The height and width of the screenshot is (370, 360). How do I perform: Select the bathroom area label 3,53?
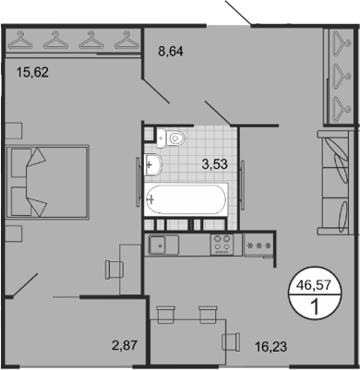[x=216, y=164]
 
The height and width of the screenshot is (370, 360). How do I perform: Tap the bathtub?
[x=190, y=198]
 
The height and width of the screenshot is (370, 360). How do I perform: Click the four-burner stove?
[x=222, y=245]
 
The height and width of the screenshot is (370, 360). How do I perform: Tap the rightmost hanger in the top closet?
[x=122, y=41]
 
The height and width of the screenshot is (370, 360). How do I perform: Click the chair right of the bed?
[x=114, y=268]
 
